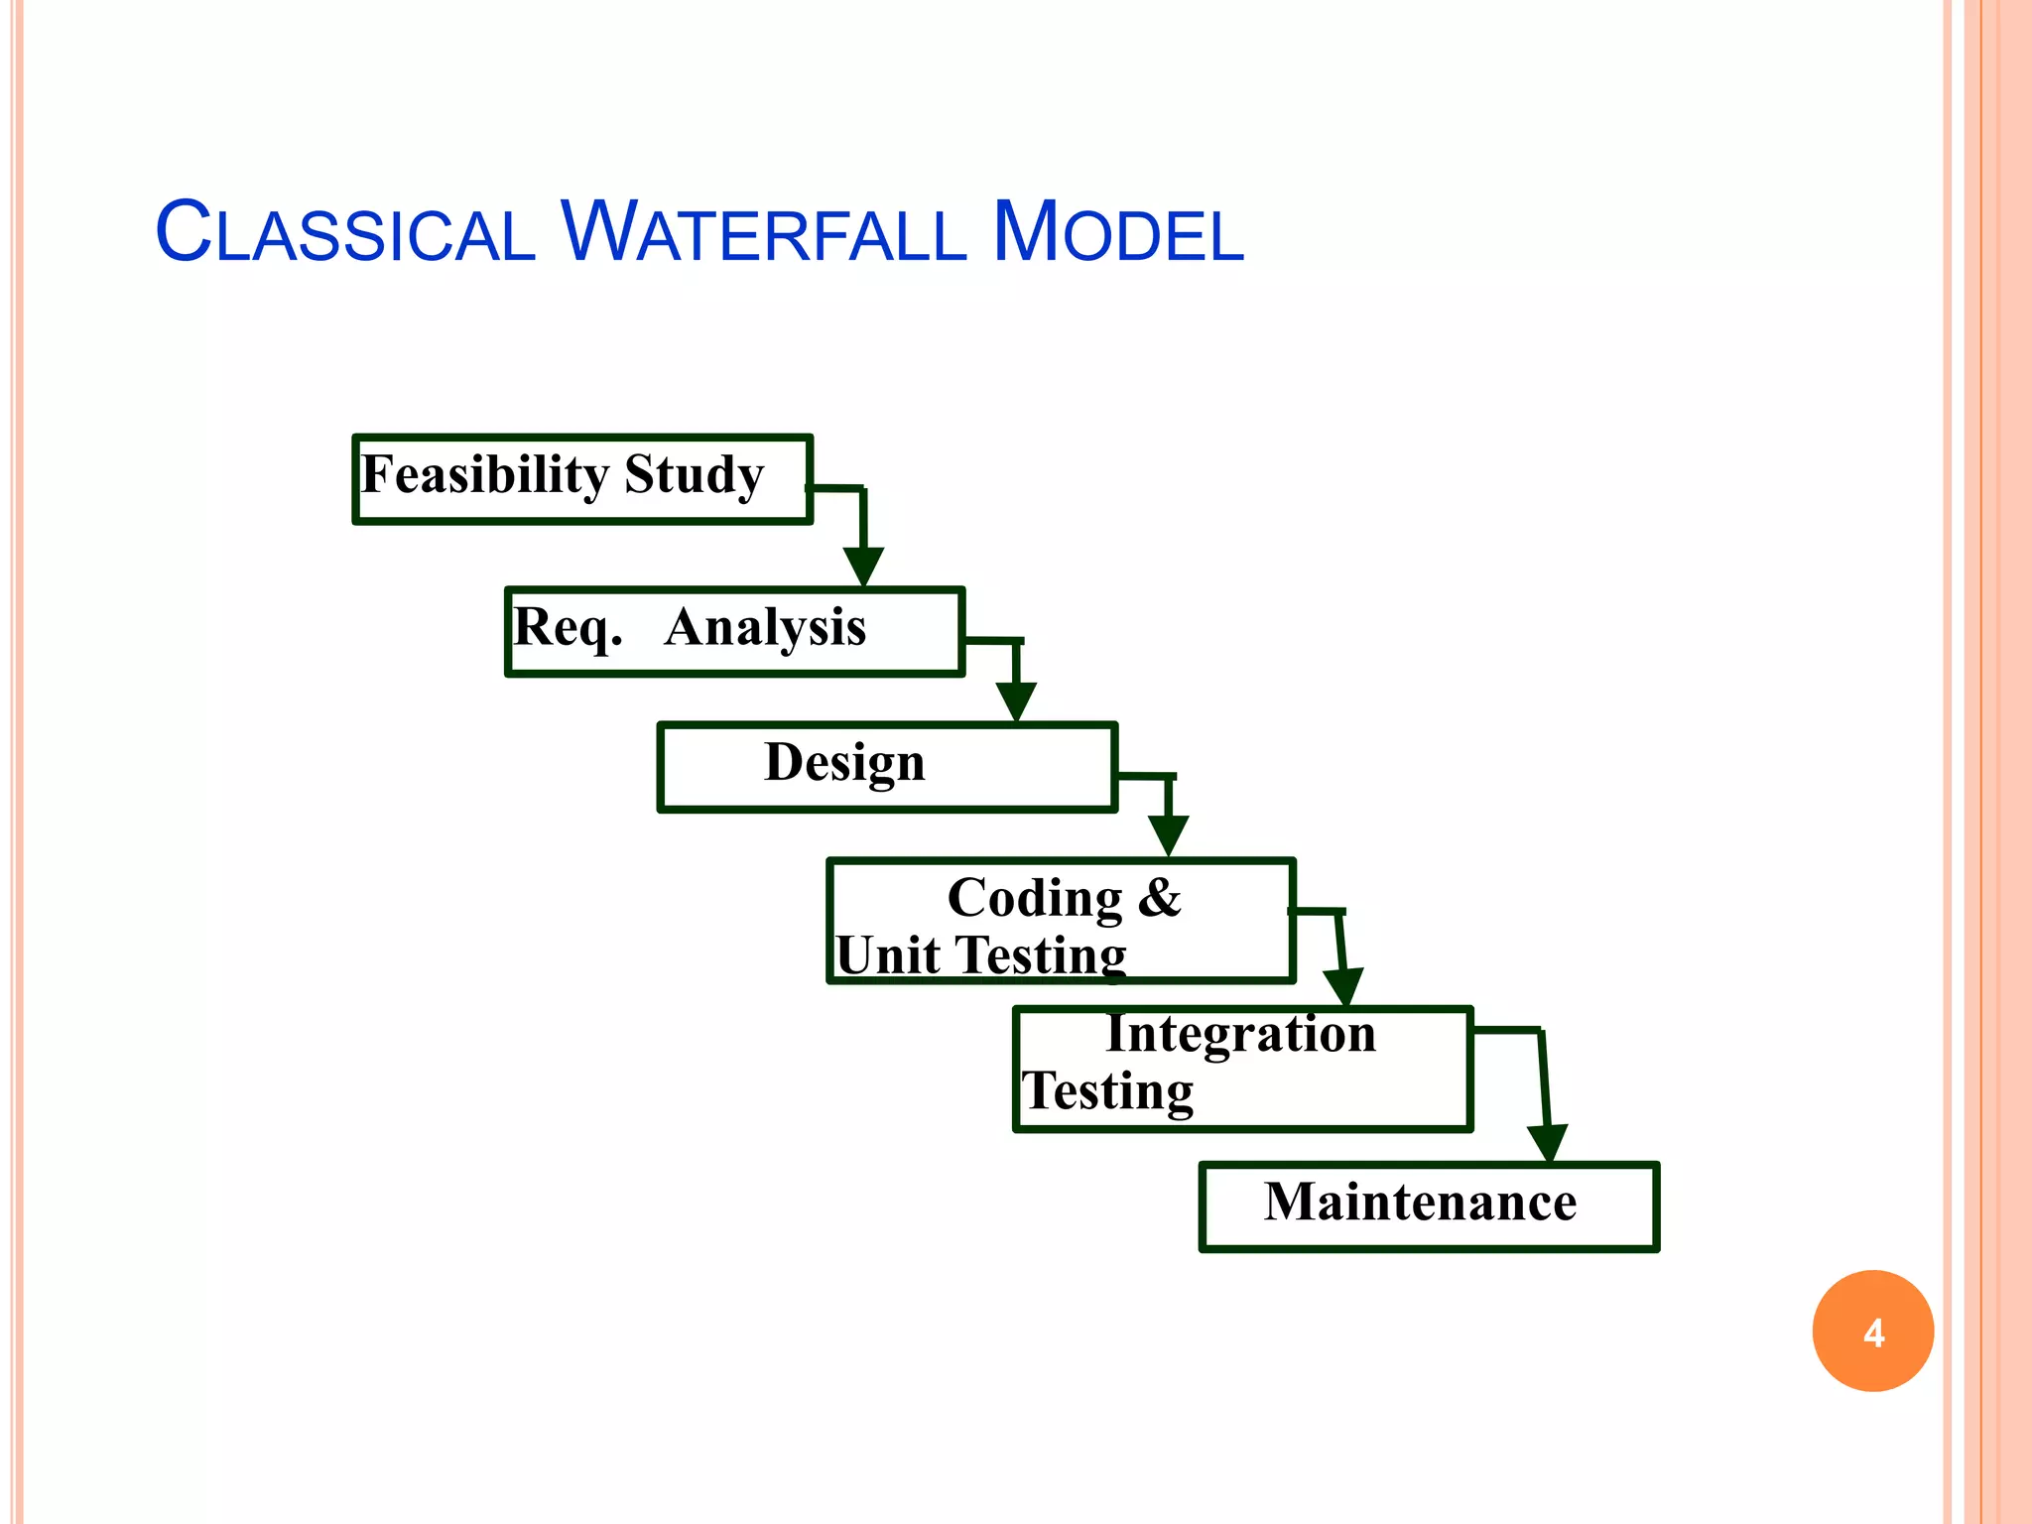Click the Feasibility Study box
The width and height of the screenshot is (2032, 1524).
tap(582, 479)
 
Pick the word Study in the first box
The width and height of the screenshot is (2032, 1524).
tap(694, 475)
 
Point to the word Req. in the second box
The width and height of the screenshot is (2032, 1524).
tap(567, 628)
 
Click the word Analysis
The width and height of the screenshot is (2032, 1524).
tap(765, 627)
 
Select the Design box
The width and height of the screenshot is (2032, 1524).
tap(887, 767)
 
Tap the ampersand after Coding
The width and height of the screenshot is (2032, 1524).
tap(1159, 897)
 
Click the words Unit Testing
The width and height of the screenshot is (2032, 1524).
tap(980, 955)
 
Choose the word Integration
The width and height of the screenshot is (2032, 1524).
tap(1240, 1034)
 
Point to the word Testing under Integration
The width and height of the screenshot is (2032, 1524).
tap(1107, 1091)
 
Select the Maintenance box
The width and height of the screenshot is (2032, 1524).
tap(1428, 1206)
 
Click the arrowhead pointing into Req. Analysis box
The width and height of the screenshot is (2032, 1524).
tap(863, 567)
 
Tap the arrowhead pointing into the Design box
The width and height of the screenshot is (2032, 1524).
tap(1016, 701)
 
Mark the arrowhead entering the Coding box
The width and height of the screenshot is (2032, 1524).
tap(1169, 835)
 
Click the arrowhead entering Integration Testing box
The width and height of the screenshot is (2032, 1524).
tap(1343, 987)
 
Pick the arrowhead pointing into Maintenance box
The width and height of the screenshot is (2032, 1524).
tap(1548, 1142)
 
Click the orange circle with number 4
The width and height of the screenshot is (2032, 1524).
tap(1872, 1331)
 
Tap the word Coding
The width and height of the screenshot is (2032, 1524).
tap(1035, 898)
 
